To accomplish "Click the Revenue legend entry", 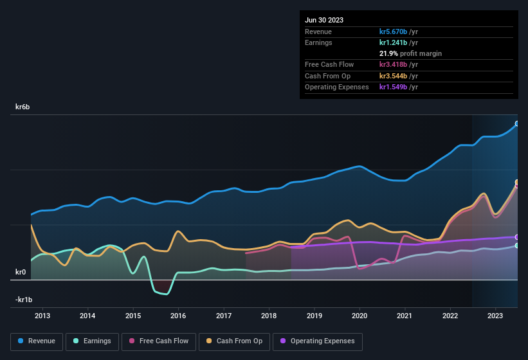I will point(37,341).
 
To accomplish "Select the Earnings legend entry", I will point(93,341).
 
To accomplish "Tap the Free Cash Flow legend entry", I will point(159,341).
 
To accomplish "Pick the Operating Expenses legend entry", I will point(318,341).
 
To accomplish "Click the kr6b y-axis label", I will point(24,107).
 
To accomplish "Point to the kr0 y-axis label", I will point(20,272).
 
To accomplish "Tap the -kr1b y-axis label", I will point(24,300).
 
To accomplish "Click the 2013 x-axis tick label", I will point(42,316).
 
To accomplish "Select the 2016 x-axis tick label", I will point(178,316).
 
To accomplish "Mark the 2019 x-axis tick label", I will point(314,316).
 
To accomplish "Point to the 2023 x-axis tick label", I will point(495,316).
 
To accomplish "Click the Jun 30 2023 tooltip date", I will point(324,20).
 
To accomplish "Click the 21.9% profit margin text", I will point(410,53).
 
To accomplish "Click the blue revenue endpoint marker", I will point(517,123).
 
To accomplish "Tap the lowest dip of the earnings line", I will point(166,294).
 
